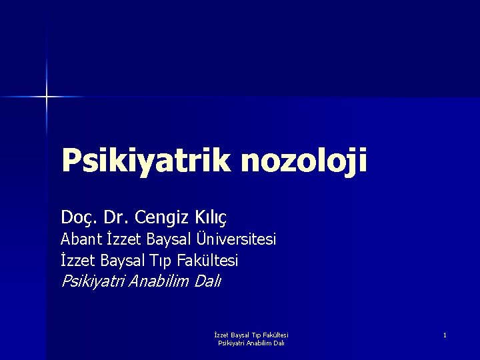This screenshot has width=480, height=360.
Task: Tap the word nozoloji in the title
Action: pyautogui.click(x=304, y=161)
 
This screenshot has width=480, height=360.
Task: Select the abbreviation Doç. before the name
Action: pyautogui.click(x=78, y=217)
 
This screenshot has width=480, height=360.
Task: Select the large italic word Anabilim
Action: pyautogui.click(x=159, y=281)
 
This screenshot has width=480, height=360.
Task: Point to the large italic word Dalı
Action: pyautogui.click(x=207, y=281)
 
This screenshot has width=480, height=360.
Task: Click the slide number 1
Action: pyautogui.click(x=445, y=335)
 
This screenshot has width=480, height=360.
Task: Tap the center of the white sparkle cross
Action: pyautogui.click(x=47, y=97)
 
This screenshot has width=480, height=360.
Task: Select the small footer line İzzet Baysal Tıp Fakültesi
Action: pyautogui.click(x=251, y=335)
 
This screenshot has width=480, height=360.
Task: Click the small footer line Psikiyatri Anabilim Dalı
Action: pyautogui.click(x=251, y=343)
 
